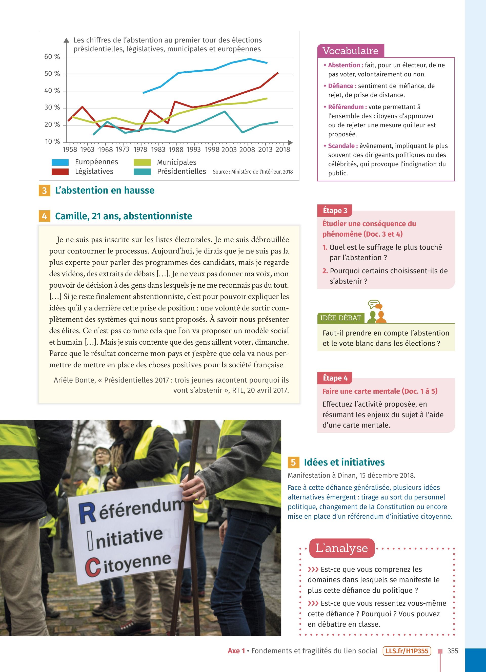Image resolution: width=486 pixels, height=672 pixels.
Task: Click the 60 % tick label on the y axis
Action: tap(52, 57)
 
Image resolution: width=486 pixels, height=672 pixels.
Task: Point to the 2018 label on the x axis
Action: tap(282, 150)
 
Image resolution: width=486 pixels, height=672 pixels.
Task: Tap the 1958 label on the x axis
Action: tap(70, 150)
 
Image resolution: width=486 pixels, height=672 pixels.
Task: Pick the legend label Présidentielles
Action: tap(181, 172)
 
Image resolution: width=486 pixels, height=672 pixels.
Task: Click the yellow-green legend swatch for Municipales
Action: tap(142, 162)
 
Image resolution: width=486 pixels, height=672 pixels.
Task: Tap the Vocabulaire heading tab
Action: tap(350, 51)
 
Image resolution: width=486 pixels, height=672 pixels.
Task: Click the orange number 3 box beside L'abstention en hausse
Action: tap(45, 191)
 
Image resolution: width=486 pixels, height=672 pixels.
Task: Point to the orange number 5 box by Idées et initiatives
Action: tap(293, 462)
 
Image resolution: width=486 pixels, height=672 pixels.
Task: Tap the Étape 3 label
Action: tap(335, 211)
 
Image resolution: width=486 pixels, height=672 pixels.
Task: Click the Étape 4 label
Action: tap(335, 378)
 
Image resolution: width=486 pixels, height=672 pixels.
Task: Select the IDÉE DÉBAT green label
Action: tap(340, 318)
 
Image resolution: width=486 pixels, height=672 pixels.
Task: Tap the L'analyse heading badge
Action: tap(341, 548)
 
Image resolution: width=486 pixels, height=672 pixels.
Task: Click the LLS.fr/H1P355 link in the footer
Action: tap(407, 651)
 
